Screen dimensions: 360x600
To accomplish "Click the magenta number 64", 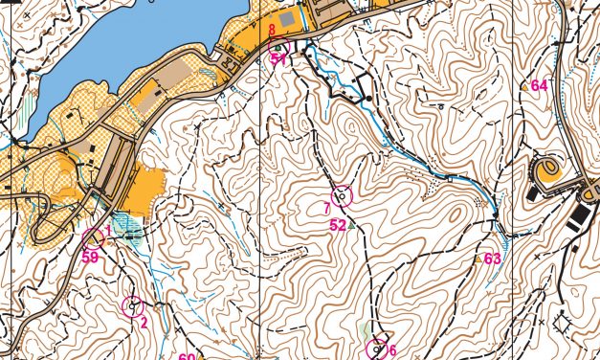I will [540, 85].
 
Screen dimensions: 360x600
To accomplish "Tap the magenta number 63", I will [493, 259].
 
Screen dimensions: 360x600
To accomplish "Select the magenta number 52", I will [338, 225].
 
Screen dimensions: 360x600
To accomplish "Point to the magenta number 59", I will [92, 256].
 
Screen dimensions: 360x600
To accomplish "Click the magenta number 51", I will [278, 58].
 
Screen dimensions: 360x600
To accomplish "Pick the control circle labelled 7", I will [342, 197].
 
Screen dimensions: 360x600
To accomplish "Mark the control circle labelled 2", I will [133, 306].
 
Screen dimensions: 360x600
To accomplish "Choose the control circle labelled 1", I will [93, 238].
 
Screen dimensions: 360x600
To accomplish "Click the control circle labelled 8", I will [278, 48].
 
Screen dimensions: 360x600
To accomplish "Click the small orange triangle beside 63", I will [478, 259].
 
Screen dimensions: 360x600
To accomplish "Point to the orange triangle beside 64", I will [523, 86].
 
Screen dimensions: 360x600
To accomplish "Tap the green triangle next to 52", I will [351, 226].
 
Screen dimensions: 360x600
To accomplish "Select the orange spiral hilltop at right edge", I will [547, 171].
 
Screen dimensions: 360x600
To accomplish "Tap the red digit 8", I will [272, 30].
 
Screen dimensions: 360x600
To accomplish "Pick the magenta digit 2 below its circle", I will [143, 322].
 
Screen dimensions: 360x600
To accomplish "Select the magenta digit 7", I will [327, 207].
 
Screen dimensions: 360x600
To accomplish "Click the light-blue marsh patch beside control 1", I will [128, 233].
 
